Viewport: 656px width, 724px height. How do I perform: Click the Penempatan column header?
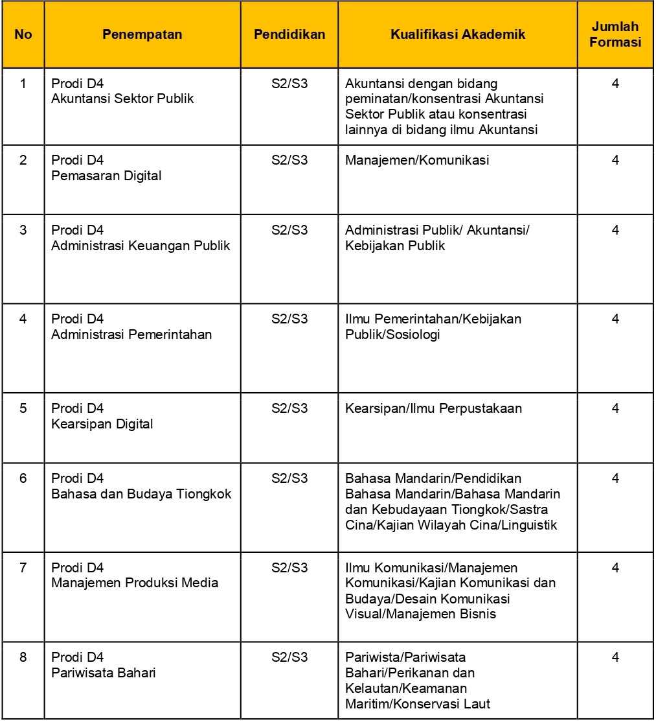142,34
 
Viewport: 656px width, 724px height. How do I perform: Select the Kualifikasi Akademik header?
457,34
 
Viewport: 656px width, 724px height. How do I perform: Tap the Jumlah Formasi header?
615,34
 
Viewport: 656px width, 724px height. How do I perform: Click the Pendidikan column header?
289,34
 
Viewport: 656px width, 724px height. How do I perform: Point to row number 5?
23,408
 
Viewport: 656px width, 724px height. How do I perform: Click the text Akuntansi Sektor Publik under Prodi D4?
122,99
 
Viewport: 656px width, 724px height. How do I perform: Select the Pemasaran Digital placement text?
106,176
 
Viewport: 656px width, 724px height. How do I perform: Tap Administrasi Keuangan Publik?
141,246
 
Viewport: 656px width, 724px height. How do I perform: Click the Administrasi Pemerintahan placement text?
131,334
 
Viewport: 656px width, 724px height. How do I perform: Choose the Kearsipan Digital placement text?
102,424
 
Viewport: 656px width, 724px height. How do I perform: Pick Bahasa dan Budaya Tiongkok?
141,494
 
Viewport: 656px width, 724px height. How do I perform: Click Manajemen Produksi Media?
135,583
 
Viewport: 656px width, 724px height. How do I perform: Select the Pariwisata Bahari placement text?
104,672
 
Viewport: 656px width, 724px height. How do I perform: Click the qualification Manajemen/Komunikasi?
417,160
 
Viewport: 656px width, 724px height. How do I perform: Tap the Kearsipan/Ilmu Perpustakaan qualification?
433,408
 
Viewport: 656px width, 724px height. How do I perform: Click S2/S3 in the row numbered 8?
289,657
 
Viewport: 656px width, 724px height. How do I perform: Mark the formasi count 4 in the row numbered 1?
615,84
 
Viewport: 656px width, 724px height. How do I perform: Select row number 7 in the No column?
23,568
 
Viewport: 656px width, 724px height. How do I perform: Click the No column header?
23,34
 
